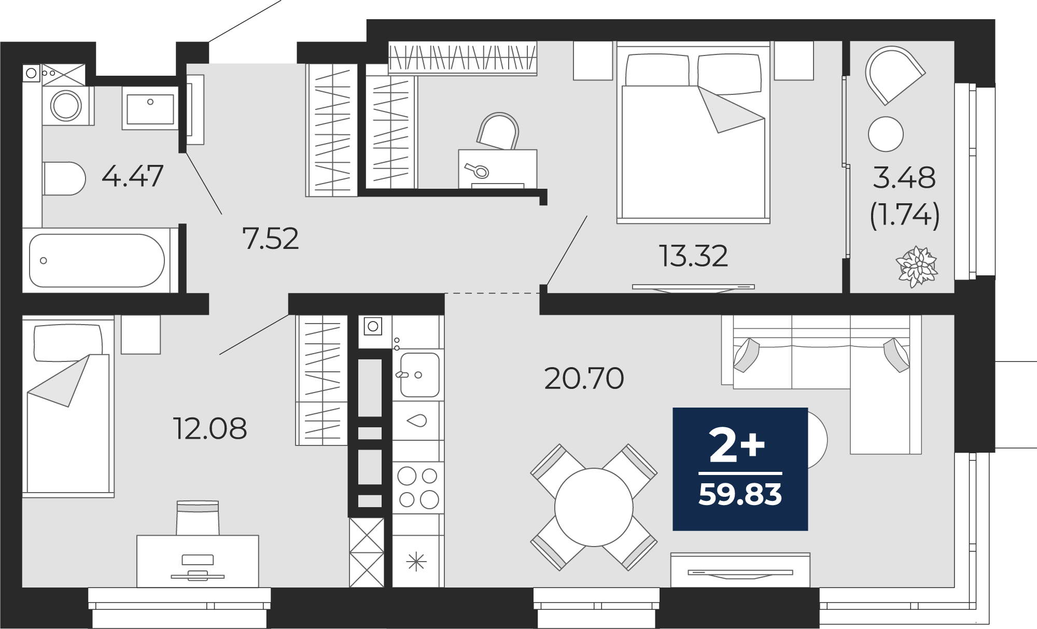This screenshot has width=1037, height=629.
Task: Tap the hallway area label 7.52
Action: [271, 239]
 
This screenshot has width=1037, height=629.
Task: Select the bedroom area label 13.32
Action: [693, 256]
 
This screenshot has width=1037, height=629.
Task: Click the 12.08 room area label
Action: [210, 429]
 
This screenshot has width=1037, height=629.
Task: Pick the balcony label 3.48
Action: [904, 178]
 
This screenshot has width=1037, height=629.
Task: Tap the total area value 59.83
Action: [740, 494]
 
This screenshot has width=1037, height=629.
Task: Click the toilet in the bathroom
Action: [64, 178]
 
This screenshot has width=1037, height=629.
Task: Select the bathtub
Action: [97, 260]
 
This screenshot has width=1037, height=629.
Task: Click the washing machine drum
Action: [66, 105]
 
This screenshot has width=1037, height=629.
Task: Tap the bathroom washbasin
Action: [150, 108]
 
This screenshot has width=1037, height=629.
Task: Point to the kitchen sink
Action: [419, 374]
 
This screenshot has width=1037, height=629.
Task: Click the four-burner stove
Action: [418, 487]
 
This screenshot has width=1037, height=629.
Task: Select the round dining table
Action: [594, 507]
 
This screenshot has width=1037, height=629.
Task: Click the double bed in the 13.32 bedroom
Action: [693, 132]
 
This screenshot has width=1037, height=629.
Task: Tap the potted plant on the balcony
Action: [918, 267]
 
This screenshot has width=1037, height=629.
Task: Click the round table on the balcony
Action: [886, 134]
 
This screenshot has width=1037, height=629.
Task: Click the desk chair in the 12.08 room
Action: [198, 518]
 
